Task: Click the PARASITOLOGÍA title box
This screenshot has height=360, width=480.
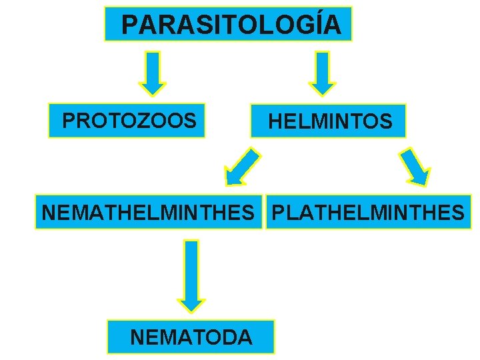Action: point(228,25)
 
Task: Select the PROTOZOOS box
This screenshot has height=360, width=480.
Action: point(127,121)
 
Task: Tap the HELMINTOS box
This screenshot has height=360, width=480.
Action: point(328,121)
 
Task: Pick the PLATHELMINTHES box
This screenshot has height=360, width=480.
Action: point(369,213)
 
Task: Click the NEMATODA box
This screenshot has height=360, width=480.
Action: point(191,337)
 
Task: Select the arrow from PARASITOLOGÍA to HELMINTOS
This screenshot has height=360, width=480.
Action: point(323,73)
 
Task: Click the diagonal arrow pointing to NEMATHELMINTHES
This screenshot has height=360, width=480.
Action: point(241,167)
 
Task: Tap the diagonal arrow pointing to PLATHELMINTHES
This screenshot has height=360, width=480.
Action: point(415,166)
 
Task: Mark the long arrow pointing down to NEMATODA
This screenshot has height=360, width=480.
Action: point(191,275)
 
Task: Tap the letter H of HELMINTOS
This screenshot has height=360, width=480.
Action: point(275,122)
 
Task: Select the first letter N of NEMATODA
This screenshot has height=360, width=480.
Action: point(138,337)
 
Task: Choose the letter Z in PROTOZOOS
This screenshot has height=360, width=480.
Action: point(141,121)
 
